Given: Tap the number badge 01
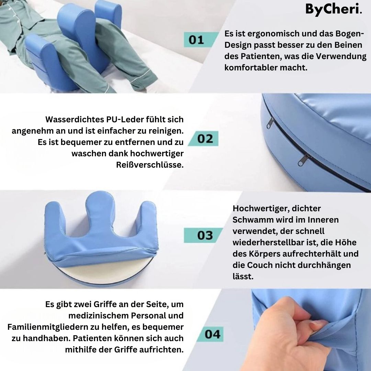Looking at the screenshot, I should [196, 40].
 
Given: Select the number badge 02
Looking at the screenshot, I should [205, 139].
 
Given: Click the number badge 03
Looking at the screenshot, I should [205, 235].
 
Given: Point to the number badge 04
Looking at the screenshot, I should [212, 334].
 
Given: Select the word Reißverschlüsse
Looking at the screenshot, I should [150, 165].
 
